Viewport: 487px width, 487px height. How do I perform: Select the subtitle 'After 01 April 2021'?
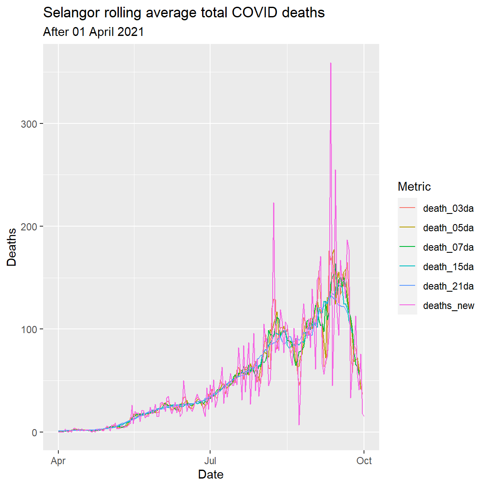click(93, 32)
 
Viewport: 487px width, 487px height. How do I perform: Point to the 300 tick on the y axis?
click(29, 124)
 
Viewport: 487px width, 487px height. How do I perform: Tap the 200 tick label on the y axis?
click(29, 227)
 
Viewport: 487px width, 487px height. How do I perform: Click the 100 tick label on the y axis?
click(29, 329)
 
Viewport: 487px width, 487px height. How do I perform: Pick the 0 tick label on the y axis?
click(34, 432)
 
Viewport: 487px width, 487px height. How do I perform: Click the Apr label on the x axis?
click(58, 461)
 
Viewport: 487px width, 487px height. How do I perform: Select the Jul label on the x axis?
click(210, 461)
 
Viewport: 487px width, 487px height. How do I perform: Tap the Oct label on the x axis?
click(364, 461)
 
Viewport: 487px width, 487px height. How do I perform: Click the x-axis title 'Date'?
click(211, 474)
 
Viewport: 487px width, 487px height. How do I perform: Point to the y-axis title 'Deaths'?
click(11, 247)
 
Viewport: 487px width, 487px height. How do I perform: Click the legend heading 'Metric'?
click(414, 186)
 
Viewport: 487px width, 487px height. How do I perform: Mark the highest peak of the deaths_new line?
click(331, 63)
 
